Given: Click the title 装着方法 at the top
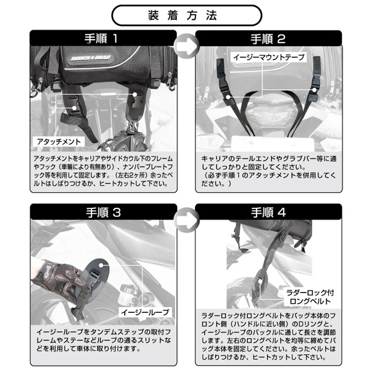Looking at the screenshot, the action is click(182, 15).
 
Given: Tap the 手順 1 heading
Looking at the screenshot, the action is click(101, 38).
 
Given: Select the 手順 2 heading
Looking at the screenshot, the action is click(268, 39).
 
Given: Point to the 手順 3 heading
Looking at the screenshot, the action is click(103, 212).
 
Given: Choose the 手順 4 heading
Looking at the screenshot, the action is click(268, 212).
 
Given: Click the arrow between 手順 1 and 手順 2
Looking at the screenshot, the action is click(186, 46).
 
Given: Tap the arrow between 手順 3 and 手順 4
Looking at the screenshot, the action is click(186, 220).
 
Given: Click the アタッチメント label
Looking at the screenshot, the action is click(59, 142).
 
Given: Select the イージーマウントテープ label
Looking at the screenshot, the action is click(269, 58).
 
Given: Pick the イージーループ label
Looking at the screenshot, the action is click(145, 312).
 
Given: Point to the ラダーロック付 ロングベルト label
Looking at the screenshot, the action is click(310, 297).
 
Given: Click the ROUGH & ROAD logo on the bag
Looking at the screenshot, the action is click(91, 58).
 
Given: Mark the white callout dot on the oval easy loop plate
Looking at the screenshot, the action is click(101, 265).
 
